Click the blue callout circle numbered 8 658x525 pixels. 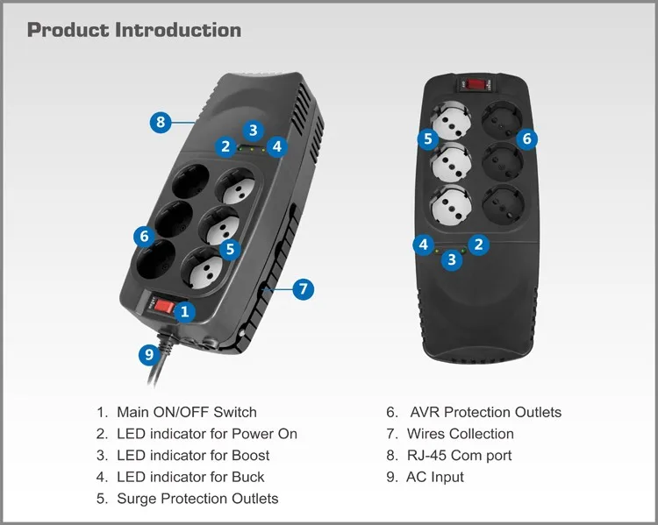coord(160,123)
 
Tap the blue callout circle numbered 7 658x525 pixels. coord(303,288)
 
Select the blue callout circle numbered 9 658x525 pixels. coord(149,353)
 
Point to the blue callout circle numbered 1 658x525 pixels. coord(185,310)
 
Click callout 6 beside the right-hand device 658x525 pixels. coord(527,138)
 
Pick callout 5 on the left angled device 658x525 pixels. coord(230,249)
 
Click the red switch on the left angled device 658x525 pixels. coord(163,307)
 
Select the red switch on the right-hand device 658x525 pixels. coord(476,85)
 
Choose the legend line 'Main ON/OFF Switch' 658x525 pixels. coord(186,412)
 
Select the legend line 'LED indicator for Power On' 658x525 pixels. coord(206,434)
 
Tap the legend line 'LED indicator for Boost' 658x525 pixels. coord(193,456)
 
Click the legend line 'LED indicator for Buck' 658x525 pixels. coord(190,478)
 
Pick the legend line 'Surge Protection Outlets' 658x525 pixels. coord(197,499)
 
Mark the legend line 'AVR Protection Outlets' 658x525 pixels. coord(484,412)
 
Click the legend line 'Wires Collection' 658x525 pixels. coord(460,434)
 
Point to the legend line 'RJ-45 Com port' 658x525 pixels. coord(459,456)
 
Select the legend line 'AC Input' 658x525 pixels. coord(435,478)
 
